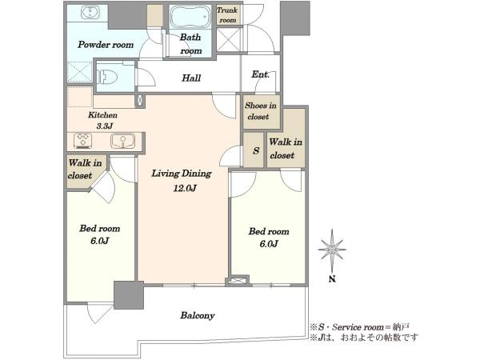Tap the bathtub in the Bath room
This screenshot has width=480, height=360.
(190, 16)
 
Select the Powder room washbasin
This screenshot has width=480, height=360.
(90, 12)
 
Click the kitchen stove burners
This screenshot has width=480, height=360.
(82, 141)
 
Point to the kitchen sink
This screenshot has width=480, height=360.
(122, 141)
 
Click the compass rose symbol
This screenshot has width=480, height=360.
(332, 250)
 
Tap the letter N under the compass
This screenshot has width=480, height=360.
(332, 279)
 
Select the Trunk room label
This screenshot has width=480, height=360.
(227, 15)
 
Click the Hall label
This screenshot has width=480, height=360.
(191, 78)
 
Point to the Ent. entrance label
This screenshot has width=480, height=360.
(260, 74)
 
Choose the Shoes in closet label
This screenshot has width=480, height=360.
(261, 111)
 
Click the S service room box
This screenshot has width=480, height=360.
(254, 150)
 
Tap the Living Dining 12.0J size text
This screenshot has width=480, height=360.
(185, 188)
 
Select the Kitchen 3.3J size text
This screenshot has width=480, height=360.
(105, 126)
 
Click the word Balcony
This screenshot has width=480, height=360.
(198, 315)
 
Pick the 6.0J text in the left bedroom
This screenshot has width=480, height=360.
(99, 241)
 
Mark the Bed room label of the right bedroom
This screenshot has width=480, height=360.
(269, 231)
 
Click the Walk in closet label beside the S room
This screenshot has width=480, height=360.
(286, 149)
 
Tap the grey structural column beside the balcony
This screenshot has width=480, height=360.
(129, 295)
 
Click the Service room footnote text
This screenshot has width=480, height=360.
(359, 327)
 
